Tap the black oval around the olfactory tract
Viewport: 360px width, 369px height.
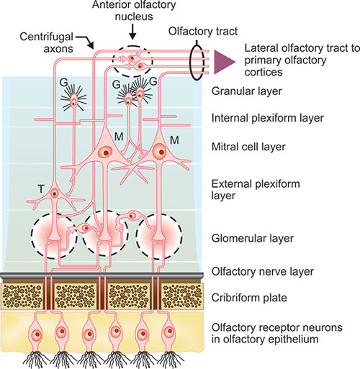190,62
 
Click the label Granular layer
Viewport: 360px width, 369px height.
246,91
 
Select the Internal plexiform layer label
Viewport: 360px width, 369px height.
267,118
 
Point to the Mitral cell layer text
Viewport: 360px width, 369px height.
248,147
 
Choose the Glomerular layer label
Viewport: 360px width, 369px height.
253,239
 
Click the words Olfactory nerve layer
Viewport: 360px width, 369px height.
263,272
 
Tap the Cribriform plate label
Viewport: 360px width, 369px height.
249,298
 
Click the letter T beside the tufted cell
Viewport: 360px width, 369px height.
41,189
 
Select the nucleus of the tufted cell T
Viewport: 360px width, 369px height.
55,193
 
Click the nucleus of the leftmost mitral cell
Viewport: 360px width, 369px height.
105,152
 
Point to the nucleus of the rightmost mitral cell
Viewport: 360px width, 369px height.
160,151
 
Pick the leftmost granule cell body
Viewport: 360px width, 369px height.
74,101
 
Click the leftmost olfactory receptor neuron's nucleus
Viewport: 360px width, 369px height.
37,334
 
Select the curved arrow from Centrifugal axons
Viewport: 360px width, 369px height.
86,42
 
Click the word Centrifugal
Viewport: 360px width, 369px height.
46,37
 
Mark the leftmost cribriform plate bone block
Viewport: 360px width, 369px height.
22,296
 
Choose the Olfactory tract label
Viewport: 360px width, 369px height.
203,31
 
